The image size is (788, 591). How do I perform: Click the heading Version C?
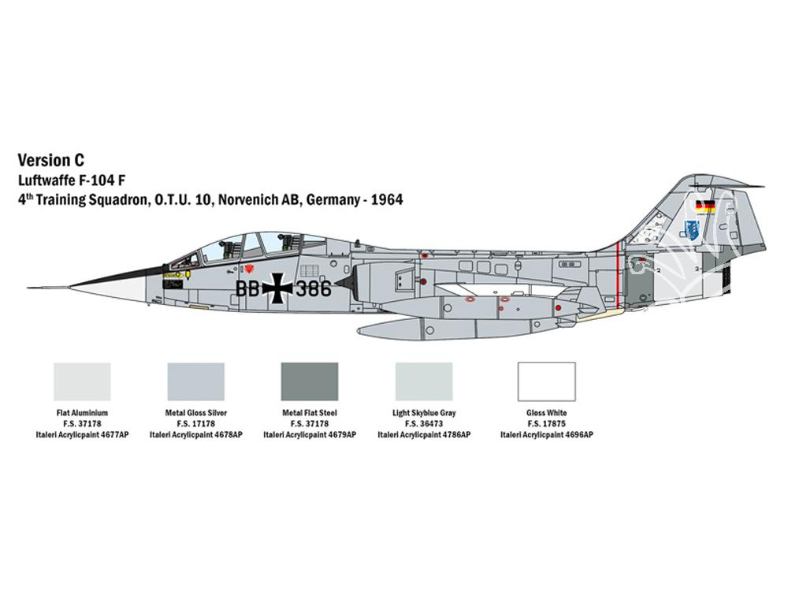(50, 160)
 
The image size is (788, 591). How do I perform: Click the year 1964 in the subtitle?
(386, 200)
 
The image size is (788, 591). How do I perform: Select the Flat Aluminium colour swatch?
(82, 382)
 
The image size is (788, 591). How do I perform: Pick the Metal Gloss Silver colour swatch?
(196, 382)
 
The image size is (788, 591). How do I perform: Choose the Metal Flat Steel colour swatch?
(310, 382)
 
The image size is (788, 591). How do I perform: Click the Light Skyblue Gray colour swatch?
(424, 382)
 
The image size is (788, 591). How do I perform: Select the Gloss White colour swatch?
(547, 382)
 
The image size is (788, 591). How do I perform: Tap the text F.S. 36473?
(424, 424)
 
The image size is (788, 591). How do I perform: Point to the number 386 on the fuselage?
(314, 289)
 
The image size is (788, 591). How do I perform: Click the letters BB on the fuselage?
(247, 289)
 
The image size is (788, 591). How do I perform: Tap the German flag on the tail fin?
(705, 206)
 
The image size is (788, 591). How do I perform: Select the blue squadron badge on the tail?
(692, 229)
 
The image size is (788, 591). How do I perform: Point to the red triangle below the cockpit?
(247, 269)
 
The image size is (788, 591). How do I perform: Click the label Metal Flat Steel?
(310, 413)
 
